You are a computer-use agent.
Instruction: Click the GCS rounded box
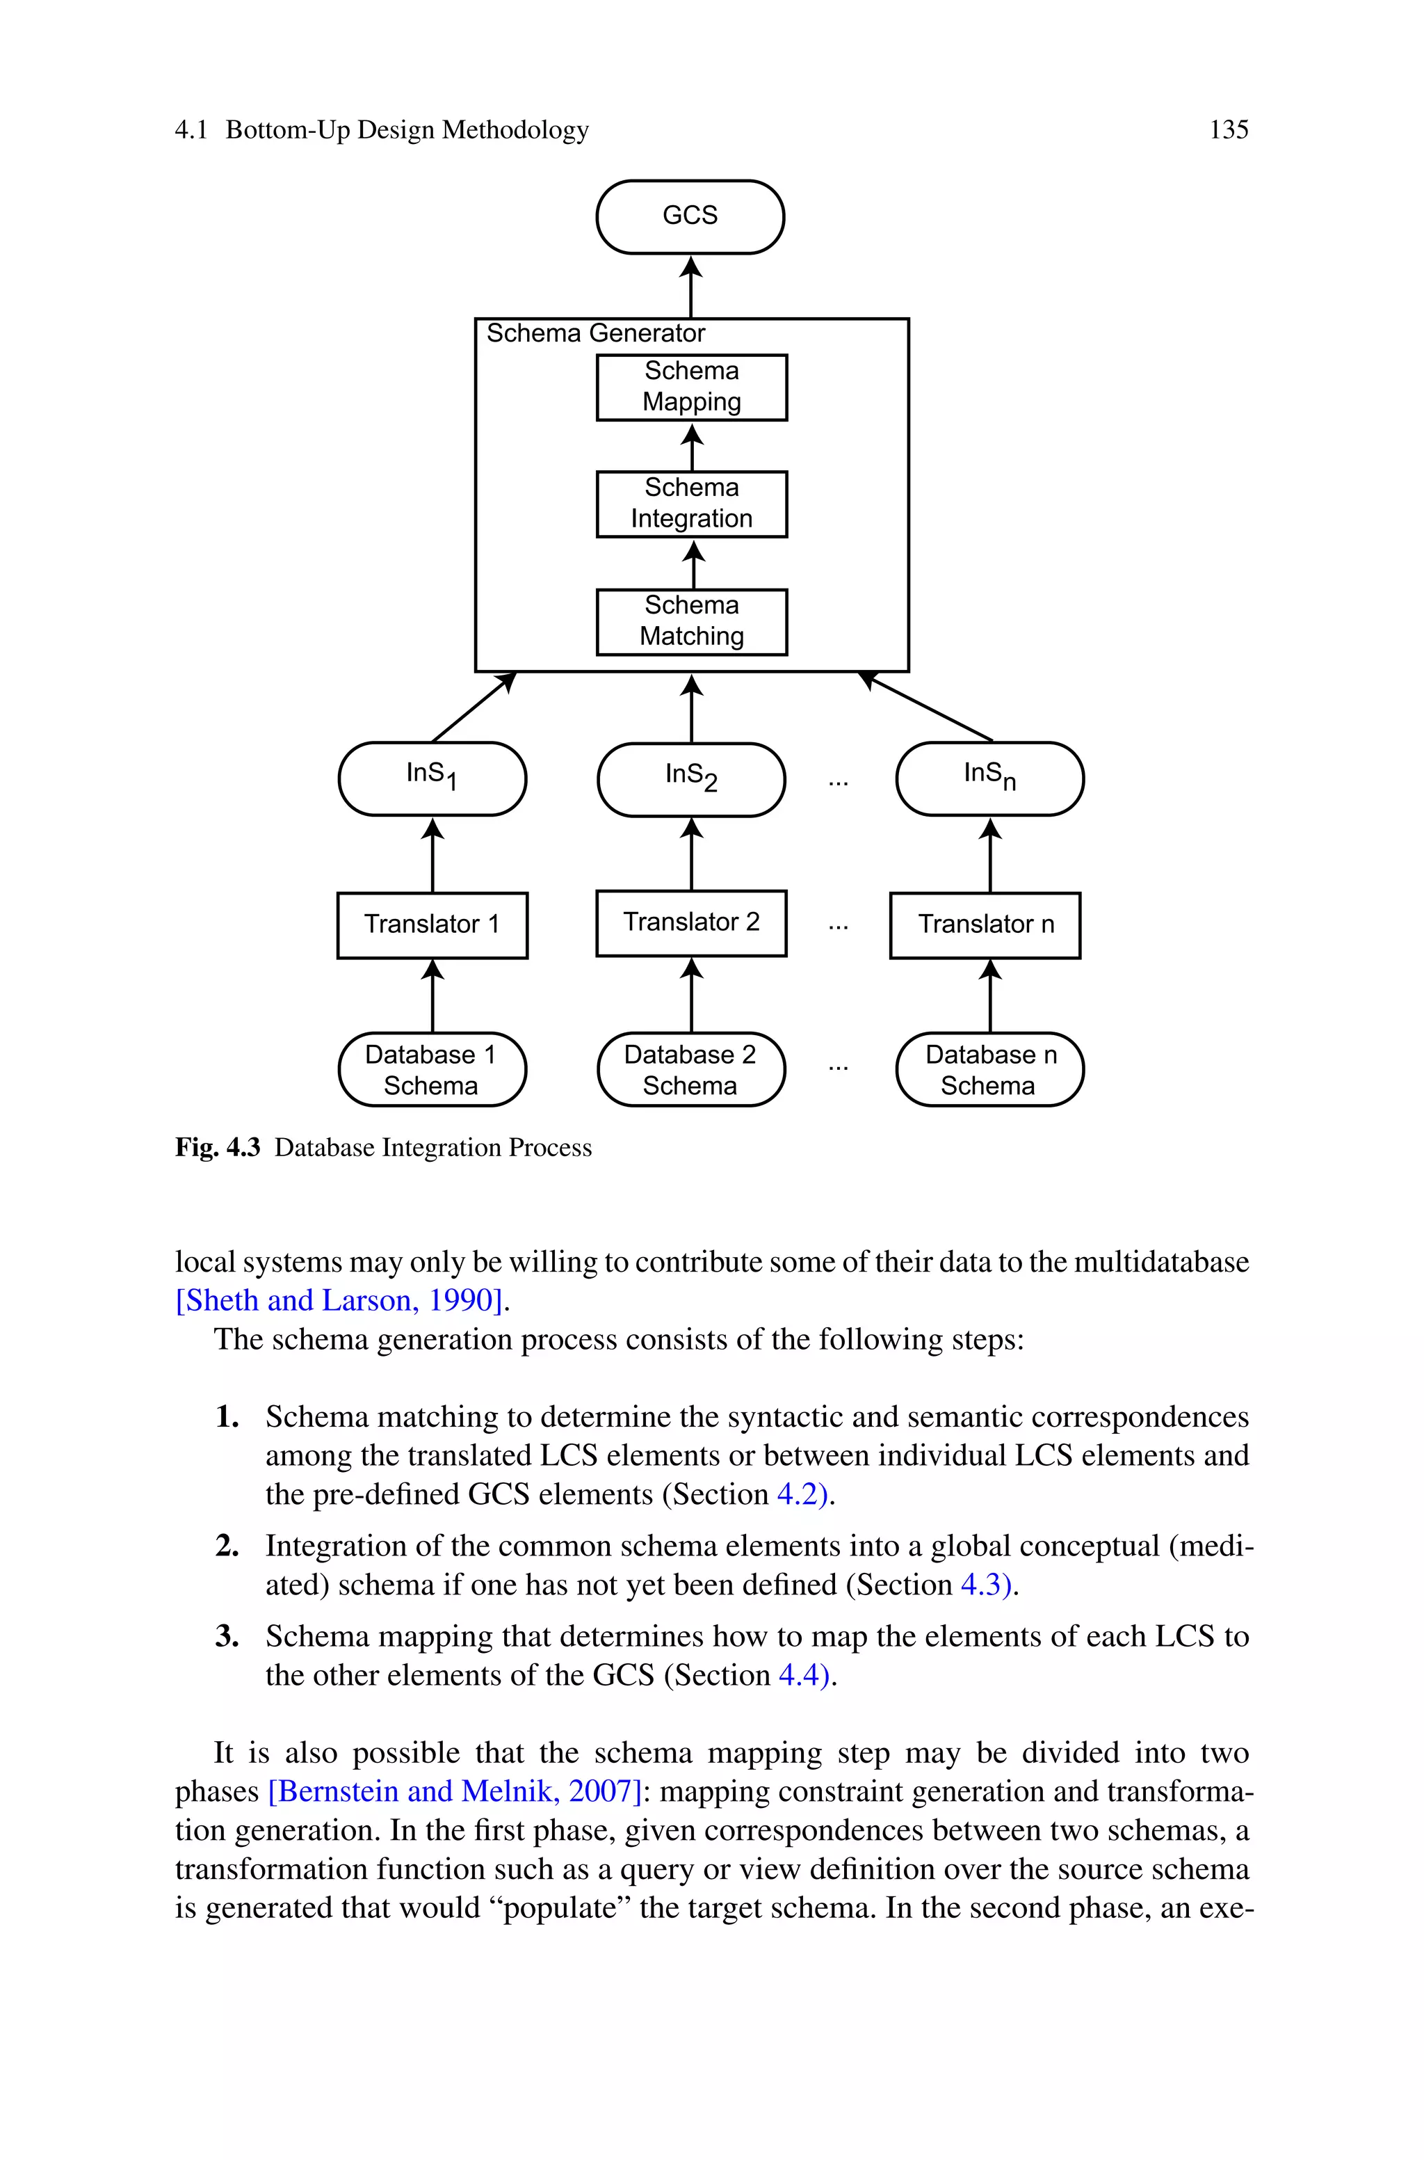(690, 216)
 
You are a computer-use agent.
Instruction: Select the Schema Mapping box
(691, 387)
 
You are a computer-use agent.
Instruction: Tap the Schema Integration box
(691, 504)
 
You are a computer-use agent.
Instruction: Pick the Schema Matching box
(691, 622)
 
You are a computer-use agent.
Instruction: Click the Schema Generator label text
(596, 333)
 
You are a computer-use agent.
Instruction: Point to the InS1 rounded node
(432, 778)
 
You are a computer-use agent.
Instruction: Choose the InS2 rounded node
(691, 779)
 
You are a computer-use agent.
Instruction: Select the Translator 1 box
(432, 925)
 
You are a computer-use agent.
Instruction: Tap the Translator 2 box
(691, 923)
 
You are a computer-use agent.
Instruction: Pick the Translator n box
(985, 925)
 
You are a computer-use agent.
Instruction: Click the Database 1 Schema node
(432, 1069)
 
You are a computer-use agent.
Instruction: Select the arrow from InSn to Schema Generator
(926, 707)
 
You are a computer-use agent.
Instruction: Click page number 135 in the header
(1228, 130)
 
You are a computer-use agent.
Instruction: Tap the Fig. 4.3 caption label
(218, 1148)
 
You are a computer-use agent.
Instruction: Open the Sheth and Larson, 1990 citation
(339, 1301)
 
